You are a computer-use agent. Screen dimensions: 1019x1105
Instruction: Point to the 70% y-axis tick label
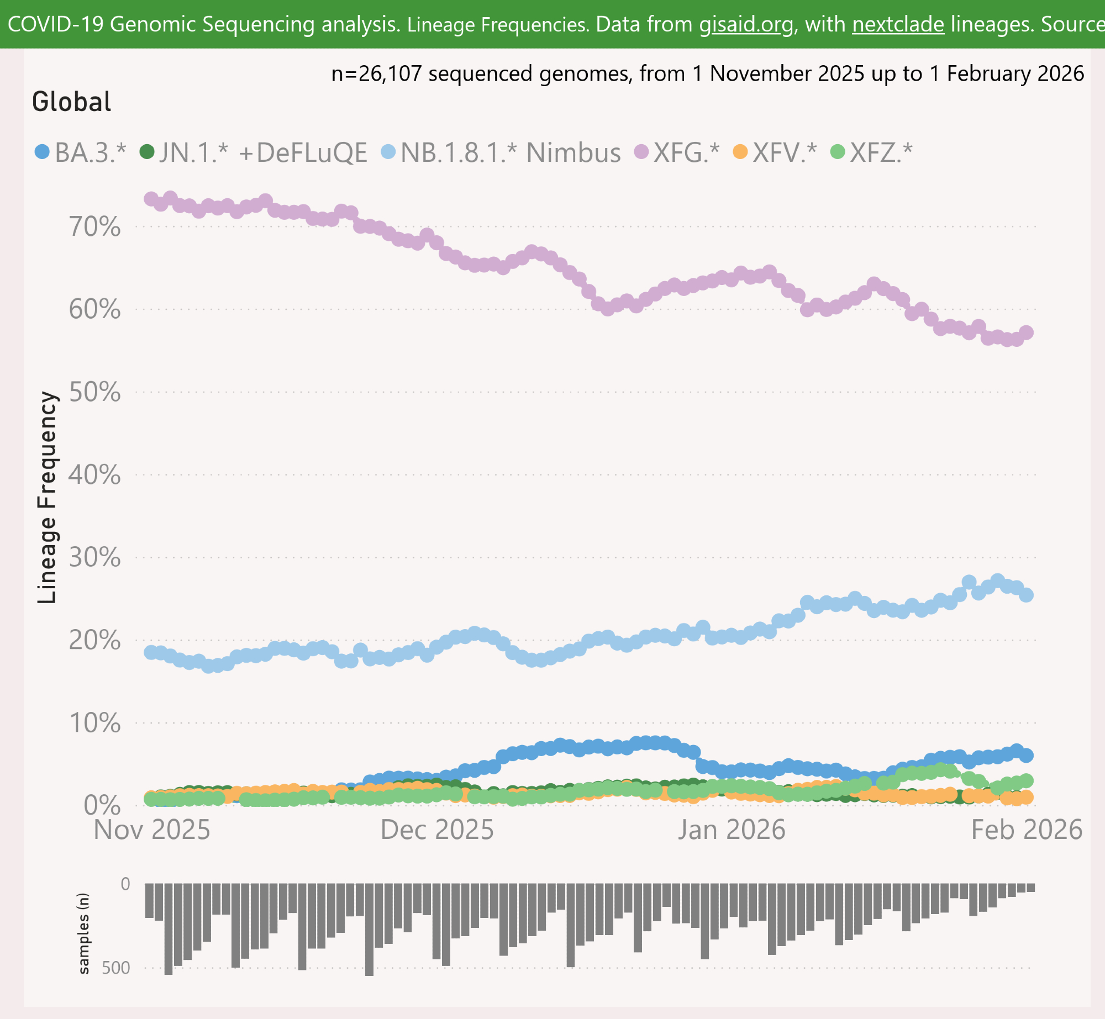94,227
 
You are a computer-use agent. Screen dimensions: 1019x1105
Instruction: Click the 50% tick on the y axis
94,392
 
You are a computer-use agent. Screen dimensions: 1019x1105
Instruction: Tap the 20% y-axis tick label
94,640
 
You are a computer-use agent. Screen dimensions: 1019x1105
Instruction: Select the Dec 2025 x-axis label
437,830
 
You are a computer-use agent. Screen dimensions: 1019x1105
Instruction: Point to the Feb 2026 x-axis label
1027,830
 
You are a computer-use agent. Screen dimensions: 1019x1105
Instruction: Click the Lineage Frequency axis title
47,497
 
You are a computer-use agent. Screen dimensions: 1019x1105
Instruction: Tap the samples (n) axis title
83,933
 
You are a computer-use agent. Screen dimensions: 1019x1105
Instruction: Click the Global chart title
72,102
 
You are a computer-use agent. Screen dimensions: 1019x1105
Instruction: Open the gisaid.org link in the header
746,24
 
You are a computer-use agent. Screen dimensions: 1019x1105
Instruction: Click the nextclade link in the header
898,24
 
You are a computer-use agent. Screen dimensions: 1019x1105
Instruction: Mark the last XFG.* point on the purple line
1027,332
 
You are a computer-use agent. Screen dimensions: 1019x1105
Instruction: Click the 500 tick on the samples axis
116,968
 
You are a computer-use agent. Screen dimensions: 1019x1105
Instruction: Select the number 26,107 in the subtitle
390,73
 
